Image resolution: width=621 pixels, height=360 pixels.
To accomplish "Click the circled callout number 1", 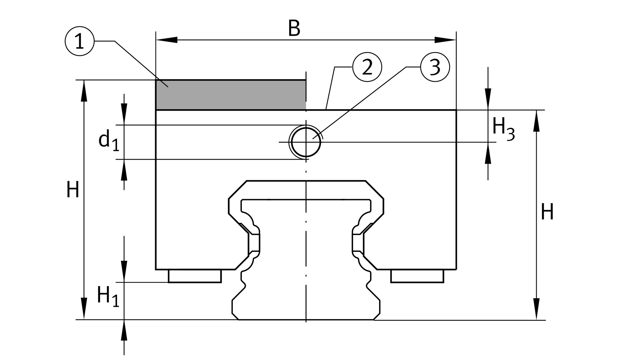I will (79, 41).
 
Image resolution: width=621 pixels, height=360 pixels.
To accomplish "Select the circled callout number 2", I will (367, 67).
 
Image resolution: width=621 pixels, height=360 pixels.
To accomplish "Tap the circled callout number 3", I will (435, 67).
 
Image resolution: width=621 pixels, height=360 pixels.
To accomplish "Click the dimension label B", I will (294, 29).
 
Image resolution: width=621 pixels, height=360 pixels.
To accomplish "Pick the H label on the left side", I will (73, 190).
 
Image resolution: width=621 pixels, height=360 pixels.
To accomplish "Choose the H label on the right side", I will (547, 212).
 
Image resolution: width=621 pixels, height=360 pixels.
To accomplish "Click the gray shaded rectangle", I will (231, 95).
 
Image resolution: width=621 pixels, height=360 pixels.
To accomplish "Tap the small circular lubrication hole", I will (306, 142).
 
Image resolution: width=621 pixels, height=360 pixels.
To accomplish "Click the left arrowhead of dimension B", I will (167, 40).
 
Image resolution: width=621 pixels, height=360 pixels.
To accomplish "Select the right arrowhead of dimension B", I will (445, 40).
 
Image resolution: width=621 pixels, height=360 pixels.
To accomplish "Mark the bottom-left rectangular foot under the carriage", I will (195, 276).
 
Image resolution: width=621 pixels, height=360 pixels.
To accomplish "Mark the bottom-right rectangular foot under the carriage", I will (417, 276).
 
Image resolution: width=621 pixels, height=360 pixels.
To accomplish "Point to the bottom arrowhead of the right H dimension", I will (536, 309).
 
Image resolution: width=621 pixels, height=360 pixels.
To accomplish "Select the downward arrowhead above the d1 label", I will (124, 114).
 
